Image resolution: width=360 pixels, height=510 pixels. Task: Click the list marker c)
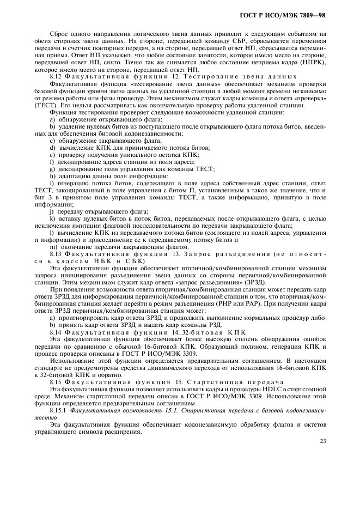click(x=52, y=140)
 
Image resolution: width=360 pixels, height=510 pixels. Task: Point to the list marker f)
click(x=52, y=161)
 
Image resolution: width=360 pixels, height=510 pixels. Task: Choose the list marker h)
click(x=52, y=175)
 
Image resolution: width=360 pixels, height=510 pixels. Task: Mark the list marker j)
click(x=52, y=210)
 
